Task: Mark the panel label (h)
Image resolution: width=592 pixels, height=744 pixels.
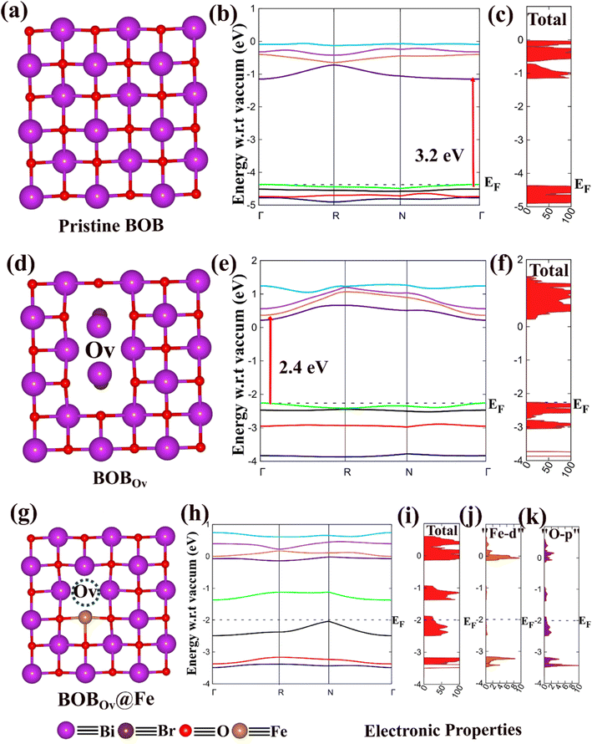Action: tap(190, 513)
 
